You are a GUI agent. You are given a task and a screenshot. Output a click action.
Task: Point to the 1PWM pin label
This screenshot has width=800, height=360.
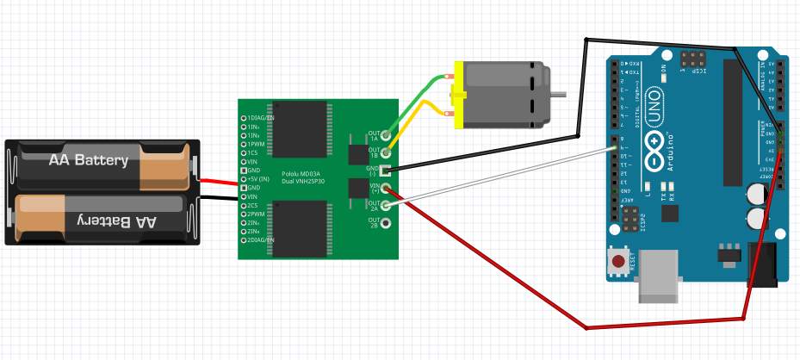tap(257, 144)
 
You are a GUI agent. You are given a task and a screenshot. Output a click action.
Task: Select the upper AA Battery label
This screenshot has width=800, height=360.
tap(88, 160)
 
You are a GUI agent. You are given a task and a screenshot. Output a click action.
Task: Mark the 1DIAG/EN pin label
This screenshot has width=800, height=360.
tap(261, 117)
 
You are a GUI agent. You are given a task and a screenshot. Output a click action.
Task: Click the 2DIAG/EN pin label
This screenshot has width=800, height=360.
tap(261, 240)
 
